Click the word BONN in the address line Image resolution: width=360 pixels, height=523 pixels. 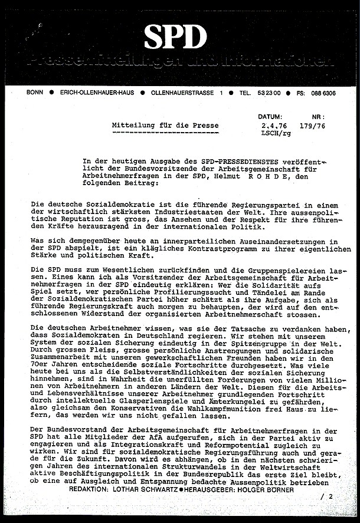click(35, 93)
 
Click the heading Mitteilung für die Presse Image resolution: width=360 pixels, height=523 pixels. click(165, 126)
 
